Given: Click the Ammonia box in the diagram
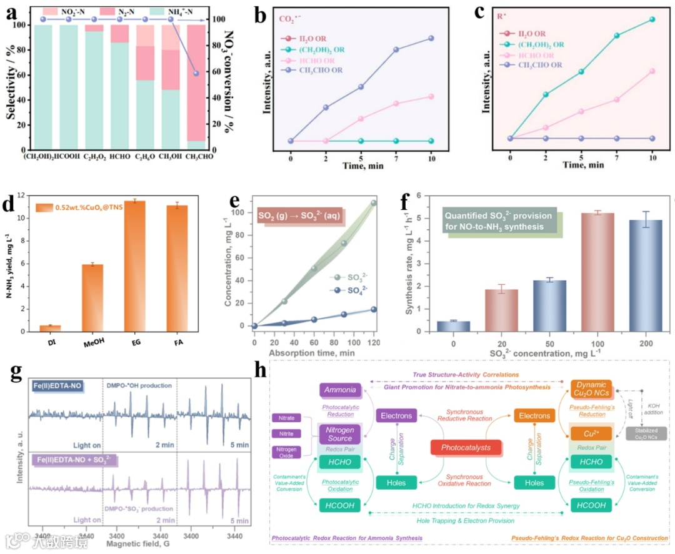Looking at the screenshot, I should point(341,390).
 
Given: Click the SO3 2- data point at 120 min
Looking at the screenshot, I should point(374,203).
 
